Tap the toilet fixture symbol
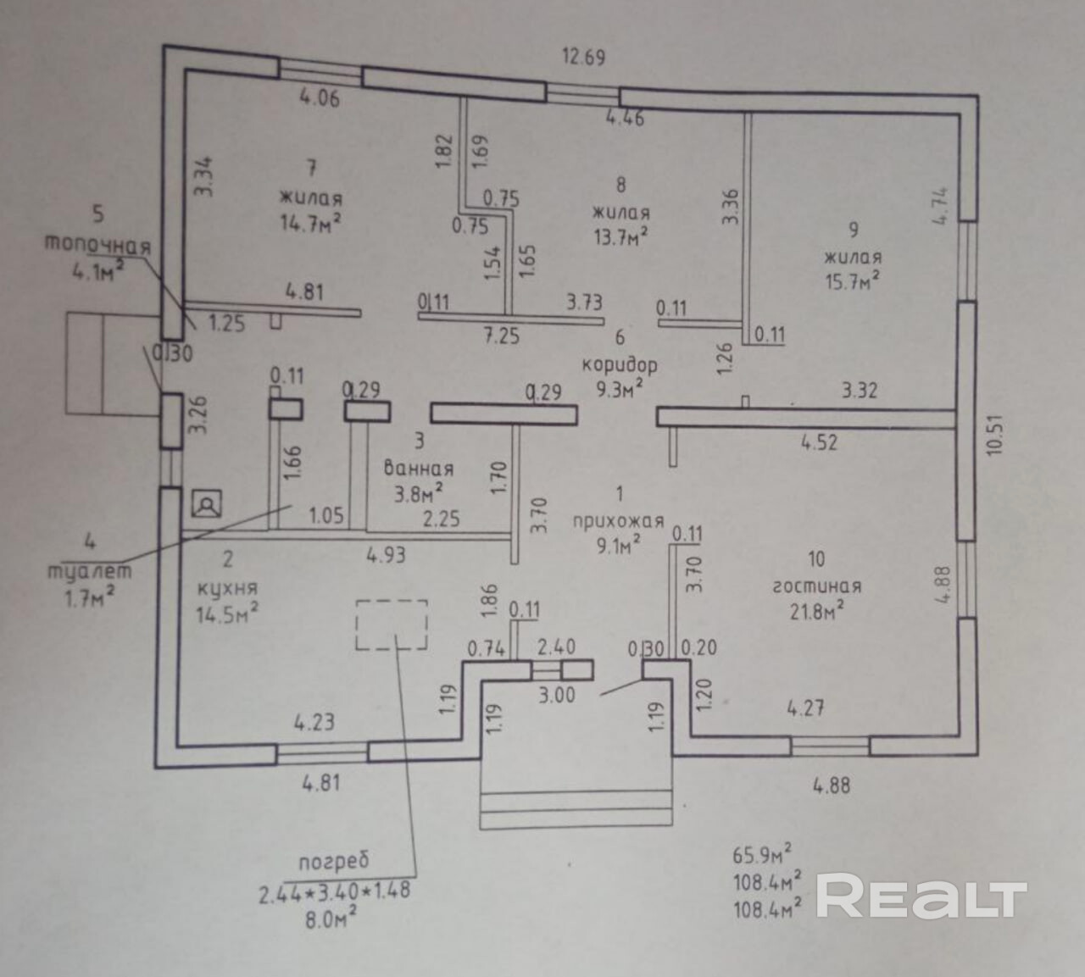(207, 503)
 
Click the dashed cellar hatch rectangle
(392, 625)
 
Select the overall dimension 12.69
(583, 56)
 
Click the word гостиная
(817, 586)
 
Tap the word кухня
(228, 590)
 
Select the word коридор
(620, 366)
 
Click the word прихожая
(618, 521)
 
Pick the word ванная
(419, 469)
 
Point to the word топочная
(97, 245)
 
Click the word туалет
(91, 571)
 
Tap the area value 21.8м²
(817, 612)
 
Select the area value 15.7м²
(853, 281)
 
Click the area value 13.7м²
(621, 236)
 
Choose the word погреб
(333, 860)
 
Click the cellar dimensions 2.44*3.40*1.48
(334, 891)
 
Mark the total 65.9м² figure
(763, 855)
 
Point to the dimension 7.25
(503, 336)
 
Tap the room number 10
(816, 559)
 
